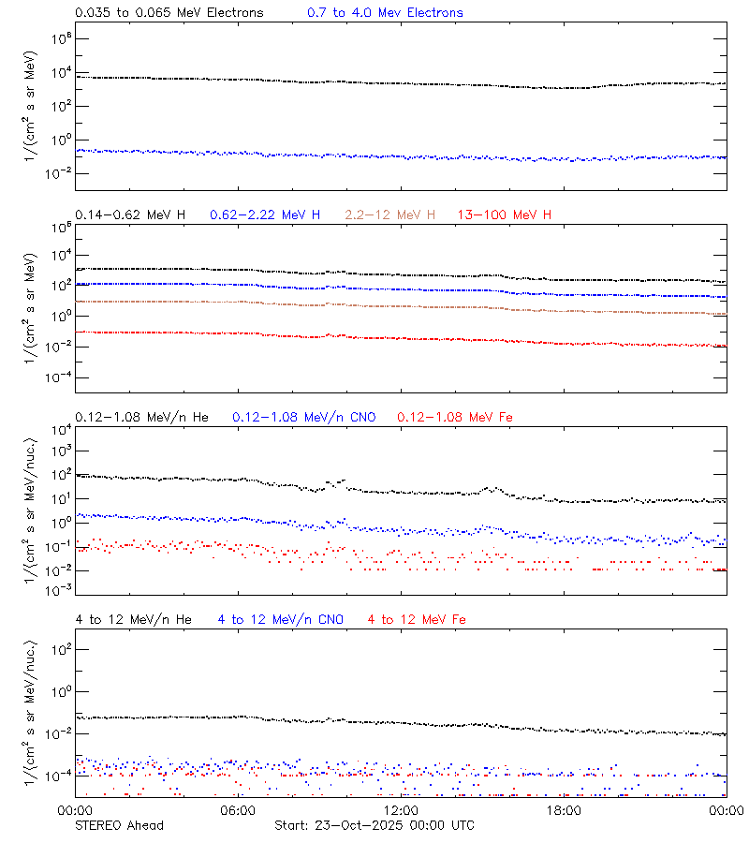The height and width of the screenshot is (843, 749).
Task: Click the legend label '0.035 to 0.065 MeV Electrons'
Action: (169, 13)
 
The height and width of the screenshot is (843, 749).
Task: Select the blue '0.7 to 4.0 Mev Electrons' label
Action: (385, 13)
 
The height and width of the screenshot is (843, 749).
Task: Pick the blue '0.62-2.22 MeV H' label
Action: (265, 215)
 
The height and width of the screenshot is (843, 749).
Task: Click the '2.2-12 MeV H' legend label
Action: (390, 215)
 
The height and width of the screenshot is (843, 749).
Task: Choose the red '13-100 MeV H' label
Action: (505, 215)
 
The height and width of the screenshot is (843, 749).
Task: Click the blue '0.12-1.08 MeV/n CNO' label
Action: (304, 417)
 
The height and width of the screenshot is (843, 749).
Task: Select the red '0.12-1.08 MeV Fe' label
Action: (455, 417)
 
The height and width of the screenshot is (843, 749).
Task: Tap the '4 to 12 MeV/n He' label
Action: (133, 619)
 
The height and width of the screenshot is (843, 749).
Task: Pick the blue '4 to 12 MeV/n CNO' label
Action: (281, 619)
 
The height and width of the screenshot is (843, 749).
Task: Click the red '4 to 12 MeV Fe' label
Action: (417, 619)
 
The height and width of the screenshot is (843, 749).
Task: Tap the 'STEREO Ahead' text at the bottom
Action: (119, 825)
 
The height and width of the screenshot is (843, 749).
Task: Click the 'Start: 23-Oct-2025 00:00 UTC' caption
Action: (374, 825)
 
